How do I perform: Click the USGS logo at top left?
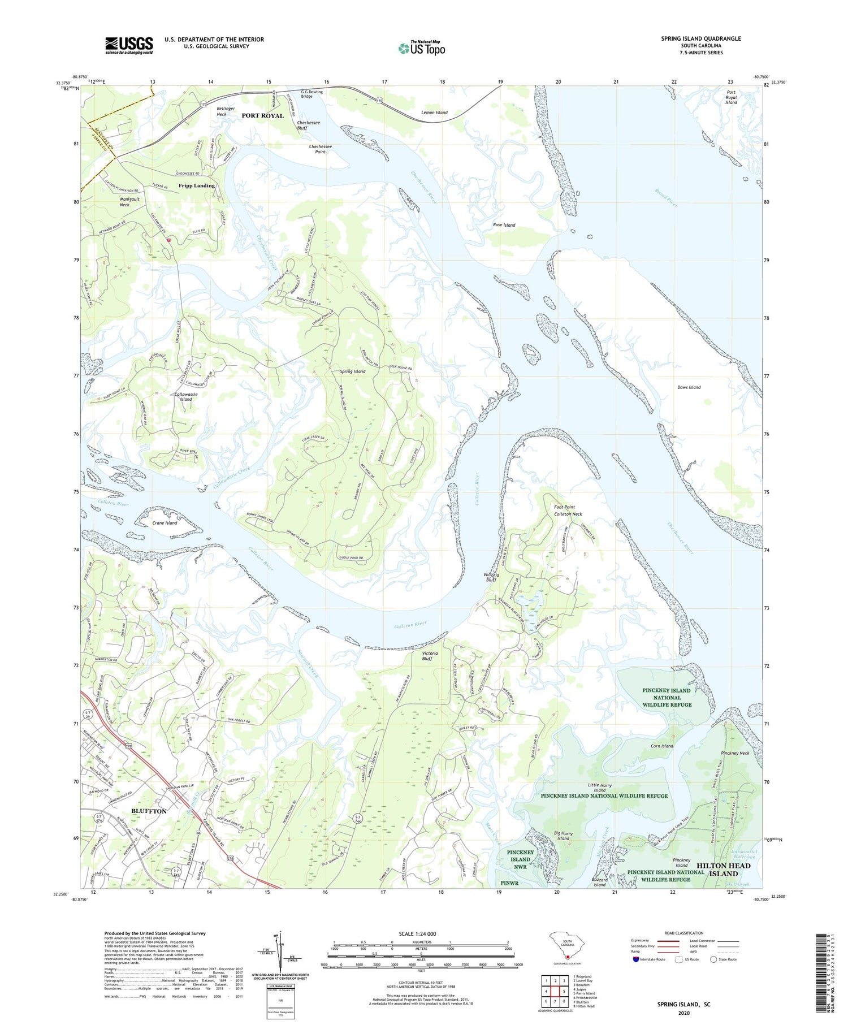pyautogui.click(x=129, y=45)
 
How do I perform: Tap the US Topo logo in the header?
pyautogui.click(x=421, y=49)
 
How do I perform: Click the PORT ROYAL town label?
pyautogui.click(x=262, y=116)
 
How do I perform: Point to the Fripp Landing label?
pyautogui.click(x=197, y=185)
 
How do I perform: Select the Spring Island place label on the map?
pyautogui.click(x=352, y=371)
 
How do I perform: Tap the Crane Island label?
pyautogui.click(x=165, y=523)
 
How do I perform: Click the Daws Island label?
pyautogui.click(x=689, y=387)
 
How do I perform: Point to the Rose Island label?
pyautogui.click(x=504, y=225)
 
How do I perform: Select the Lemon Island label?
pyautogui.click(x=434, y=113)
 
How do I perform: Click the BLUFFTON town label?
pyautogui.click(x=149, y=811)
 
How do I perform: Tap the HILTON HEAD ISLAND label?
pyautogui.click(x=723, y=870)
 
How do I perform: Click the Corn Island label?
pyautogui.click(x=661, y=746)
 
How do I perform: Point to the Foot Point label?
pyautogui.click(x=564, y=507)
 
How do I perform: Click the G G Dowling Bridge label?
pyautogui.click(x=311, y=94)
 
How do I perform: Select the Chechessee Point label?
pyautogui.click(x=320, y=149)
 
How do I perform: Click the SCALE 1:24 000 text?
pyautogui.click(x=417, y=933)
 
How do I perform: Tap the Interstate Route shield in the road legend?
pyautogui.click(x=637, y=959)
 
